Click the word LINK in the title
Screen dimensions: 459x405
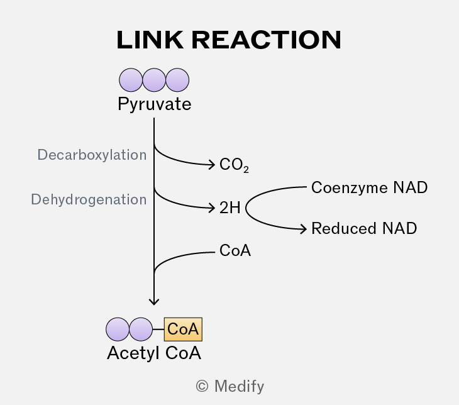tap(150, 40)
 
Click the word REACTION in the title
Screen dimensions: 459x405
tap(267, 40)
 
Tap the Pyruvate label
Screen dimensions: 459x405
tap(155, 104)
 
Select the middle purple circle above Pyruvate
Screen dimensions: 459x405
tap(154, 80)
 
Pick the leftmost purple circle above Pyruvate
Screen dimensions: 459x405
tap(131, 80)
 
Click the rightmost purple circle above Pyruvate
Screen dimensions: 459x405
tap(177, 80)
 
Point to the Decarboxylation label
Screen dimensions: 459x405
tap(92, 155)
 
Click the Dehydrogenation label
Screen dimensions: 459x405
tap(89, 200)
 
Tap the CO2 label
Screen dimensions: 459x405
tap(234, 165)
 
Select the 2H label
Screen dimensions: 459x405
tap(229, 208)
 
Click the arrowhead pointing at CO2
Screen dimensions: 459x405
tap(212, 165)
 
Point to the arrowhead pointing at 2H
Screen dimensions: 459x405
tap(212, 208)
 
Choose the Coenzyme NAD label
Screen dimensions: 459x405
tap(370, 187)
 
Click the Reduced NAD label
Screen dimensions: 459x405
tap(364, 228)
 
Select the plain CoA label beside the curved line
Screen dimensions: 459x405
tap(235, 251)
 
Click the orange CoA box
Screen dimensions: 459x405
tap(183, 330)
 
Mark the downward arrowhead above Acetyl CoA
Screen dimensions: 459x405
tap(154, 302)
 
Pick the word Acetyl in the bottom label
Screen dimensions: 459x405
tap(133, 353)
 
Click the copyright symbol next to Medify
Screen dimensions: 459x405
tap(202, 386)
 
